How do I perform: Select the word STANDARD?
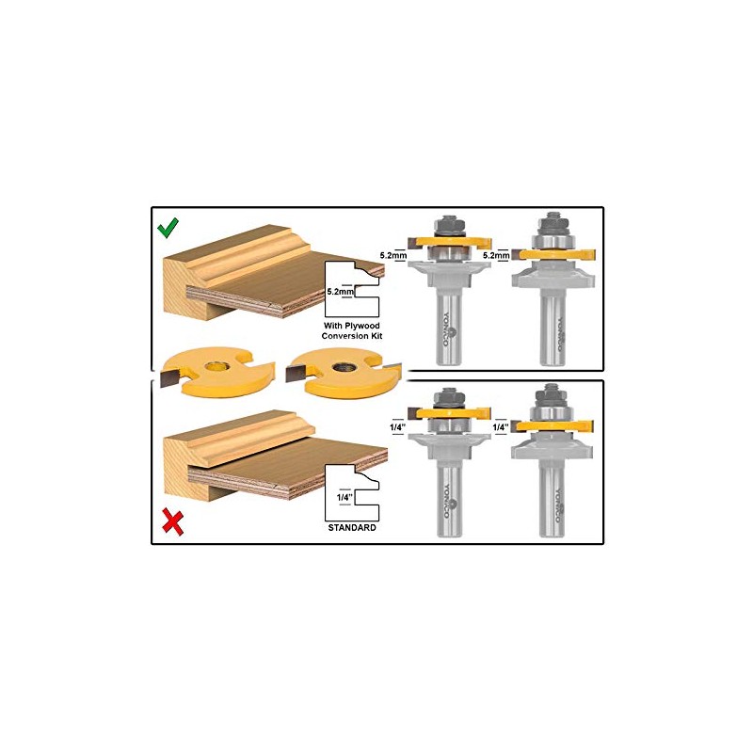coord(351,528)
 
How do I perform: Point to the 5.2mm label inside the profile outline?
coord(341,292)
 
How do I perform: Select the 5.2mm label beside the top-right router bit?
coord(497,254)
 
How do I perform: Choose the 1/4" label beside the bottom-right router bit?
coord(500,426)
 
